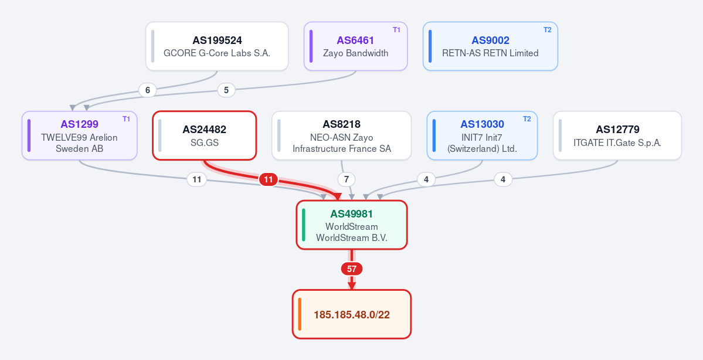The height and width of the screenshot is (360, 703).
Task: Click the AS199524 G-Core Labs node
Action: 217,46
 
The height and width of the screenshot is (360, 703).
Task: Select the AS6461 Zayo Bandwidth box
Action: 355,46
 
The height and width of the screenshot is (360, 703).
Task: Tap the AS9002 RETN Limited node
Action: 491,46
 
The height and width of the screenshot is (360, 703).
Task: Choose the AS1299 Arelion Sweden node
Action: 79,135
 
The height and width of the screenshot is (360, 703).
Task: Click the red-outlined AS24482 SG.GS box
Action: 205,135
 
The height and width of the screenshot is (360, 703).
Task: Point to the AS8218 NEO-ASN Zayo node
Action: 342,135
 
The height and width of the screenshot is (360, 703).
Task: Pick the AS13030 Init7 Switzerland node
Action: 482,135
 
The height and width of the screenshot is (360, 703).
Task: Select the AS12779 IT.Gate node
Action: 617,135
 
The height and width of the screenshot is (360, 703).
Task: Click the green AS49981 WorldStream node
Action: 352,225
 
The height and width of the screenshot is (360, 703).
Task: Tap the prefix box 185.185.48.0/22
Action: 352,314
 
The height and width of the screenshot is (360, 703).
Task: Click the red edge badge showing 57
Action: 352,269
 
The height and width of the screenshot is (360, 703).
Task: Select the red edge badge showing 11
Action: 268,180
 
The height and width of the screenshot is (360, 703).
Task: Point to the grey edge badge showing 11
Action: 196,180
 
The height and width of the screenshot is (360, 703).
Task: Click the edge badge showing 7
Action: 346,180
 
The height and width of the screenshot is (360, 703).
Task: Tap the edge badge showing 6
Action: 148,90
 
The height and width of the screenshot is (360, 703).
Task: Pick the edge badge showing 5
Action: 226,90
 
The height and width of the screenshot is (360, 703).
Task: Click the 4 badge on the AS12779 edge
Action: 503,180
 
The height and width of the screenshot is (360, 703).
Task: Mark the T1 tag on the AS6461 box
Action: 397,30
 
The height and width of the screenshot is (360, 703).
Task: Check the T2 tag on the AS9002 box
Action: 548,30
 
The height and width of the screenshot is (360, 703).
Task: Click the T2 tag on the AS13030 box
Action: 527,119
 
